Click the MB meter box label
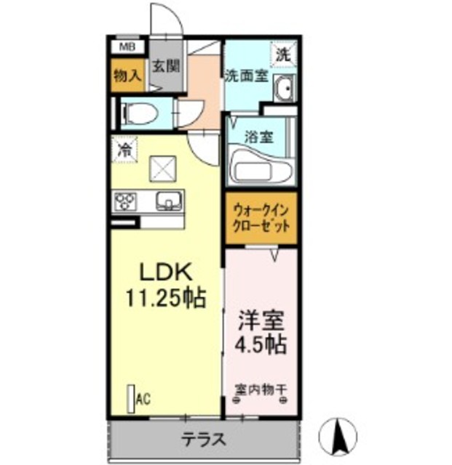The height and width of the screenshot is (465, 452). [x=127, y=47]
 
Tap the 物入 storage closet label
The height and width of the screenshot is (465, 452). [x=127, y=74]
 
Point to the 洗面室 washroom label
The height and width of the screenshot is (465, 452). [x=247, y=75]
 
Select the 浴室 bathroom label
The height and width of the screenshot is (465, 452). [x=260, y=136]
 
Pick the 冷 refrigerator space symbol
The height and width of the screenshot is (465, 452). [x=125, y=150]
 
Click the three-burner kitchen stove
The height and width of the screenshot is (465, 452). [x=125, y=200]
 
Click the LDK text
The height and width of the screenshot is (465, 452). [x=165, y=272]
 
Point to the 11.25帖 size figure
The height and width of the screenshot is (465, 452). [x=165, y=298]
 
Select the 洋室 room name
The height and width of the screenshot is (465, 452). [x=260, y=320]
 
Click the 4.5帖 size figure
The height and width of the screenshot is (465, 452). [x=260, y=344]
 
